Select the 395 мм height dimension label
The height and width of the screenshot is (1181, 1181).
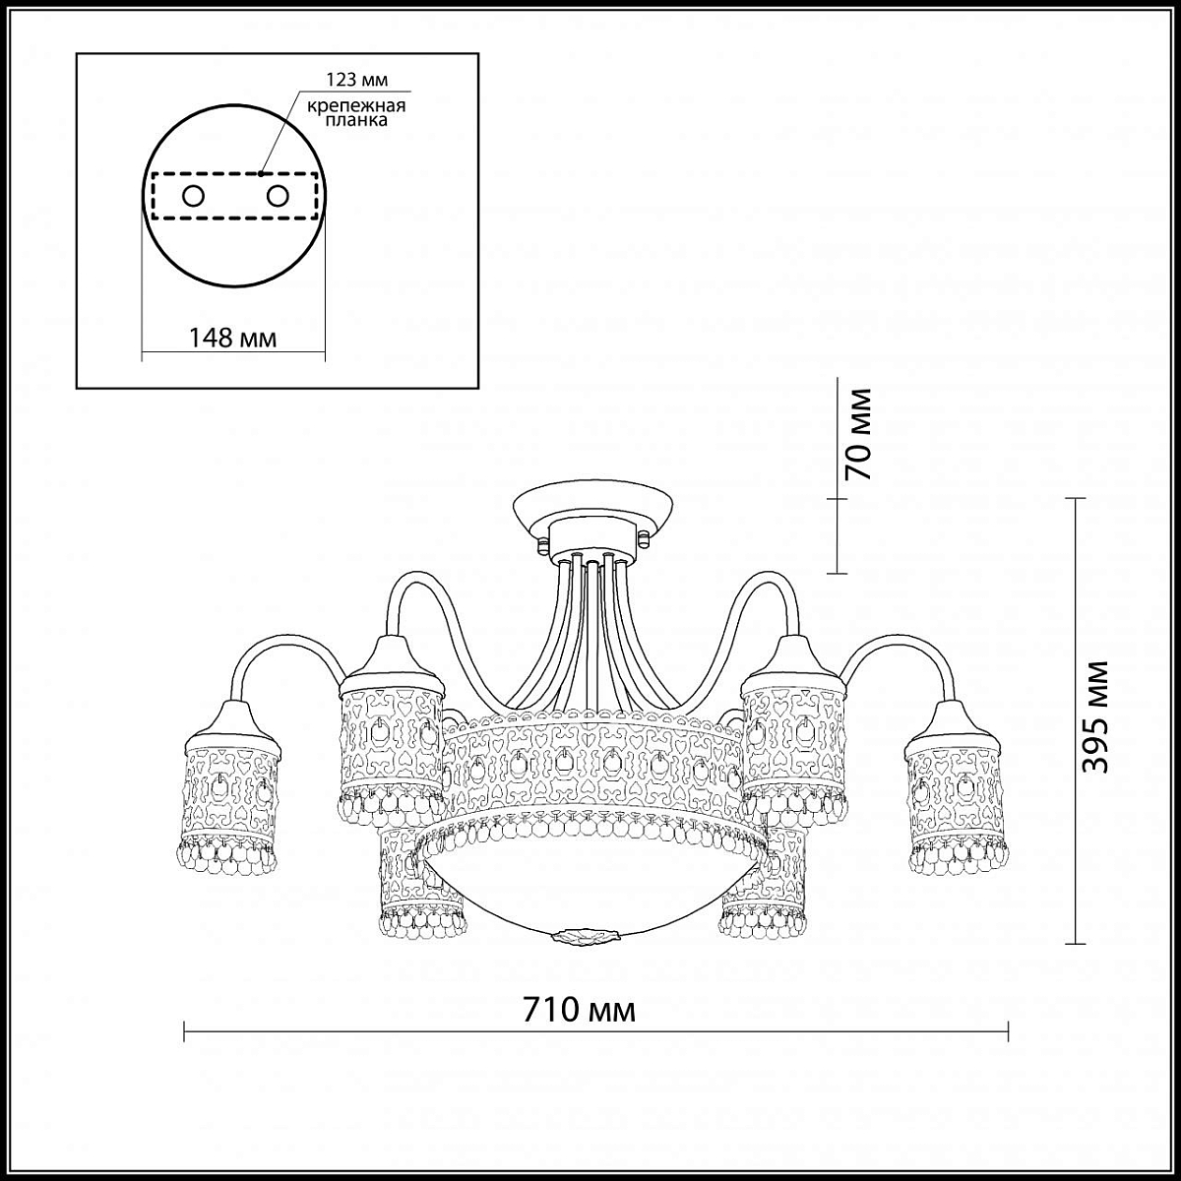tap(1095, 726)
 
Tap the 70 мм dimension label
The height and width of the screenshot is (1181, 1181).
tap(857, 434)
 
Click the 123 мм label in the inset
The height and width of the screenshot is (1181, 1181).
tap(356, 80)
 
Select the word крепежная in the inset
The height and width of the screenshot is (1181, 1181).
tap(356, 106)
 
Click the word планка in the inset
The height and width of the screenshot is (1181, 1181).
tap(356, 121)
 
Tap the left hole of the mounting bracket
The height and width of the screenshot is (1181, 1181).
tap(193, 196)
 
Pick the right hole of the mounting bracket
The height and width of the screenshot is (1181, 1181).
tap(277, 196)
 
